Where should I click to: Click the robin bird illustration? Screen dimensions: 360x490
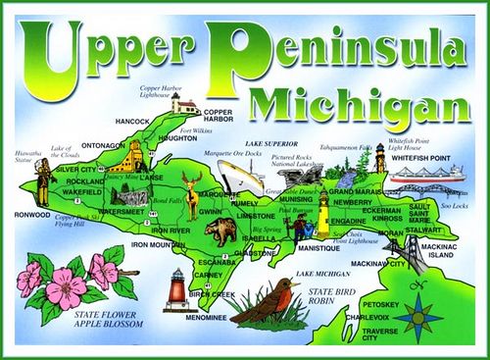tap(266, 302)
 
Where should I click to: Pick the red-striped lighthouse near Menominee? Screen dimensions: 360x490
tap(178, 289)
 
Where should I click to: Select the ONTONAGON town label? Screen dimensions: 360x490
tap(103, 145)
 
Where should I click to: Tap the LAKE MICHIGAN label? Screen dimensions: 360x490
tap(322, 273)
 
